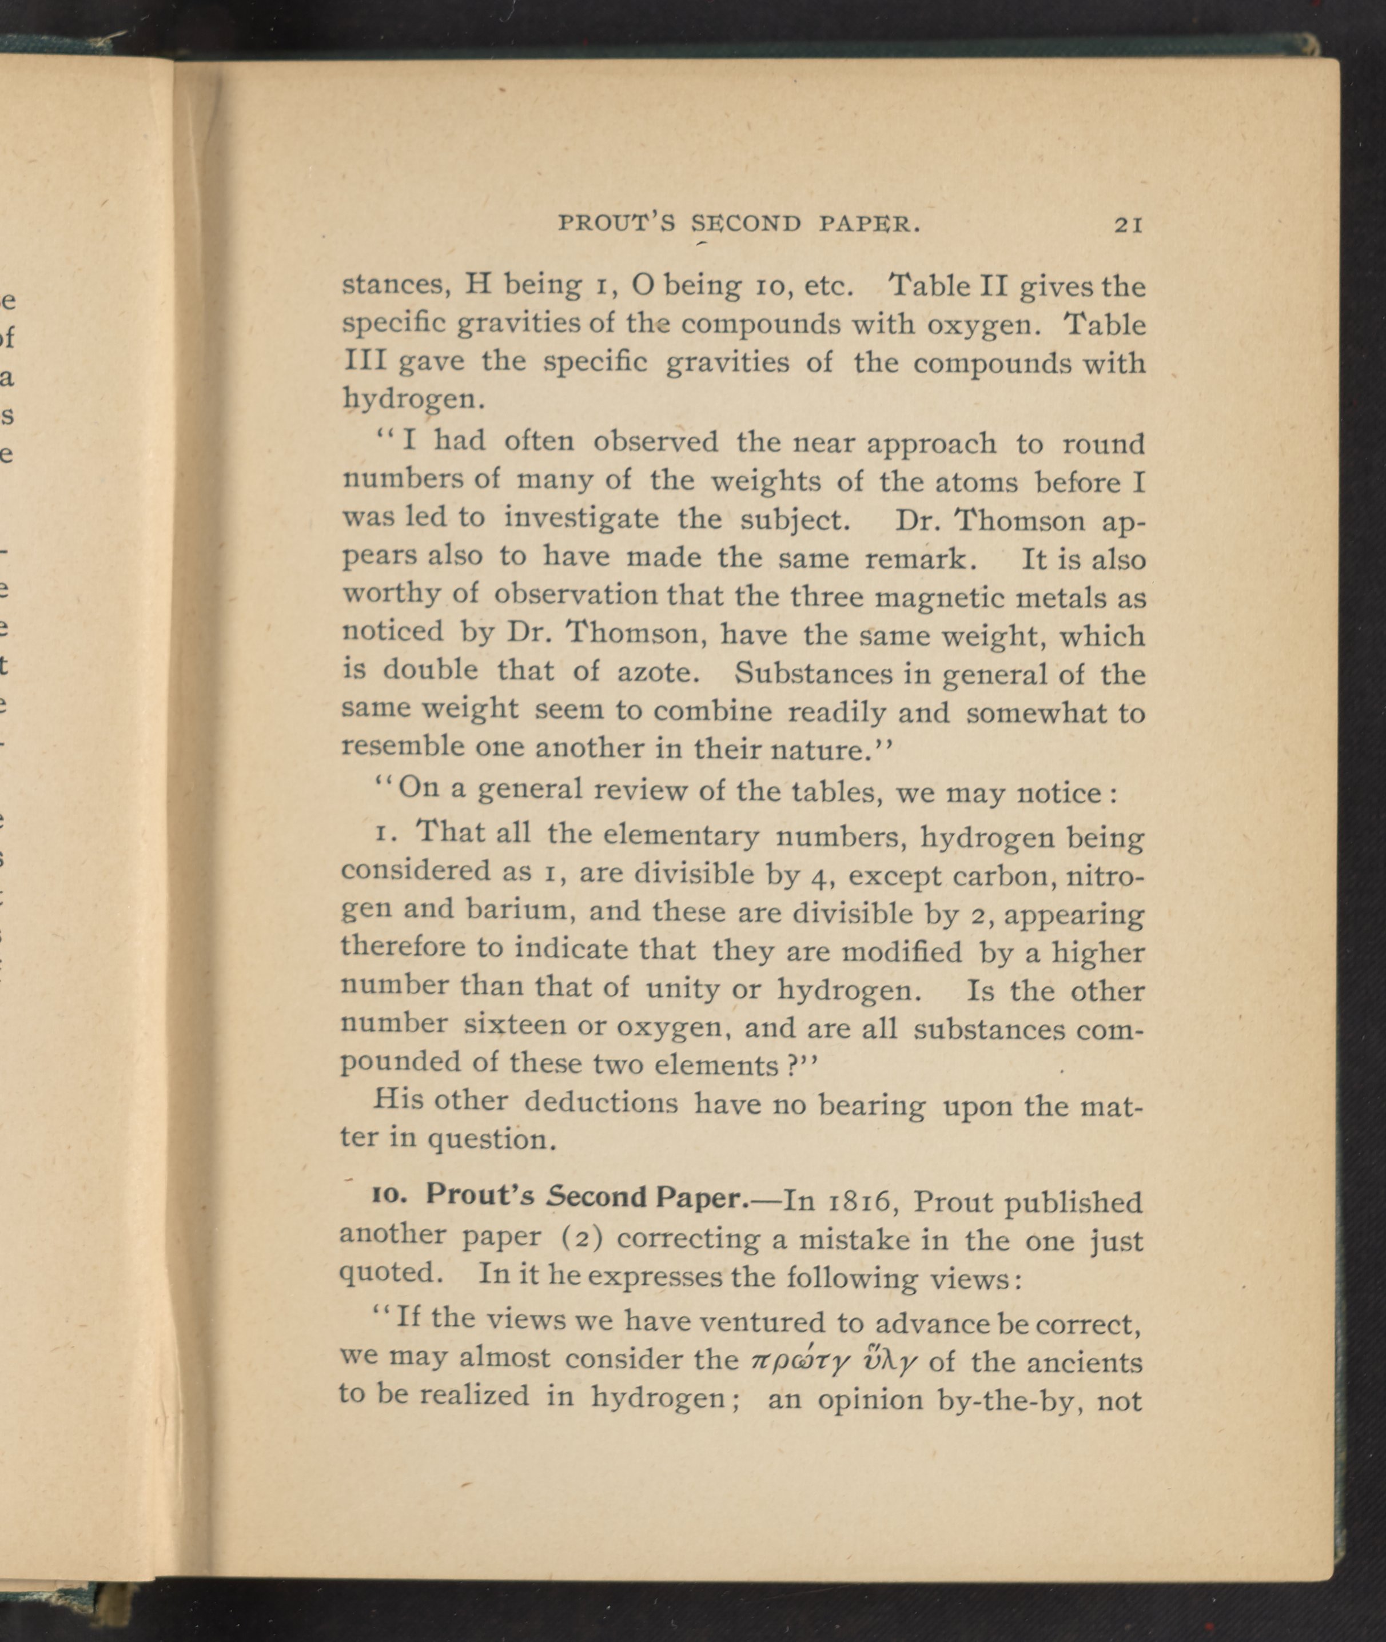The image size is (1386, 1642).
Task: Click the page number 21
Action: click(1128, 225)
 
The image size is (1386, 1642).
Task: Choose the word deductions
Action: click(600, 1102)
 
